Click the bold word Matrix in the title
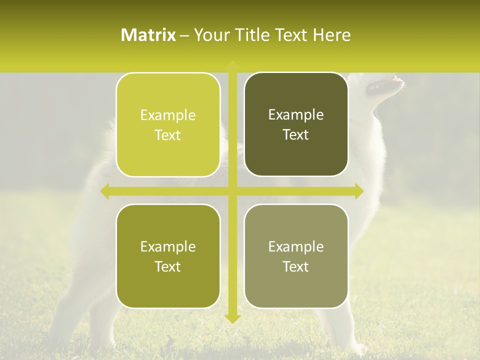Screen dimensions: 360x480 (x=148, y=35)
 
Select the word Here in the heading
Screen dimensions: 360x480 (x=331, y=35)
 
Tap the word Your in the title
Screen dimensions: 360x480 (x=211, y=35)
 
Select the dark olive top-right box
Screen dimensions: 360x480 (x=296, y=155)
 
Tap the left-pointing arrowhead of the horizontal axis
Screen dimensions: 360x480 (x=104, y=191)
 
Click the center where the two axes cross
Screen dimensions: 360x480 (x=232, y=191)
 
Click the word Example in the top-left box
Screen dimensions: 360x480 (x=168, y=115)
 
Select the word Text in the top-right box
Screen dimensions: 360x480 (x=296, y=135)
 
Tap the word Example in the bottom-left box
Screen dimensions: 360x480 (x=168, y=247)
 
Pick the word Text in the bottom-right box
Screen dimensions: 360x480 (x=296, y=266)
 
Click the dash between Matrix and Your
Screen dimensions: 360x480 (x=184, y=35)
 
